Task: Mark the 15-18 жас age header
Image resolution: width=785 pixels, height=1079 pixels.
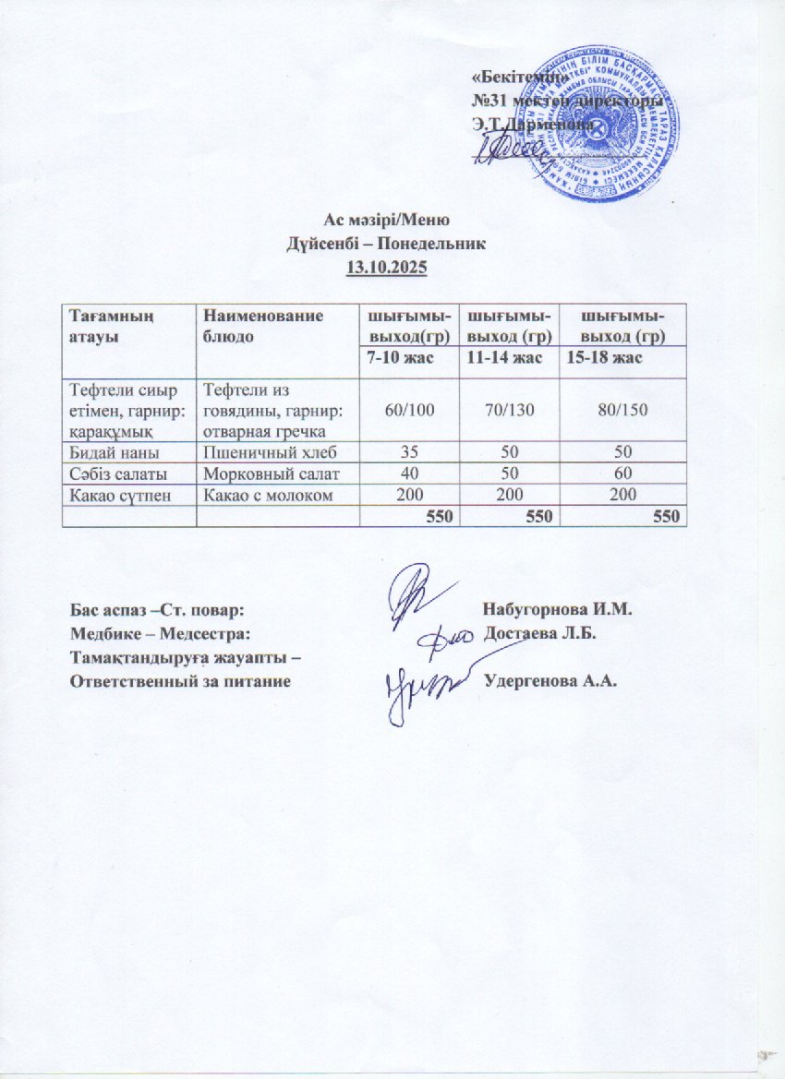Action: [x=604, y=357]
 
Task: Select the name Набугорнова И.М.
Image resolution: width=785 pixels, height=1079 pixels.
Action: [x=550, y=611]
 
